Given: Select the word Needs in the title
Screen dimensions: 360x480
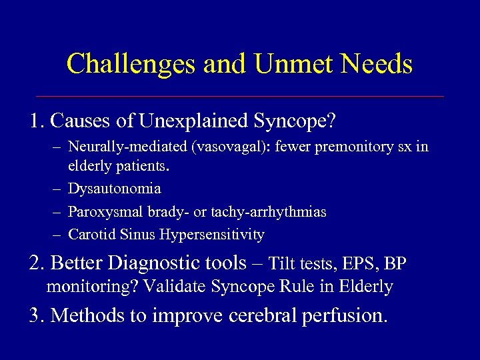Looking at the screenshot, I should pos(378,64).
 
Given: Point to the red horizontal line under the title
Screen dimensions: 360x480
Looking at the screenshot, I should pos(240,97).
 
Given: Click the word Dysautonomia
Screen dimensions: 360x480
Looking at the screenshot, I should pos(114,189).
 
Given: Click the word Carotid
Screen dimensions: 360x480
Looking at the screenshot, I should pos(90,235).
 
